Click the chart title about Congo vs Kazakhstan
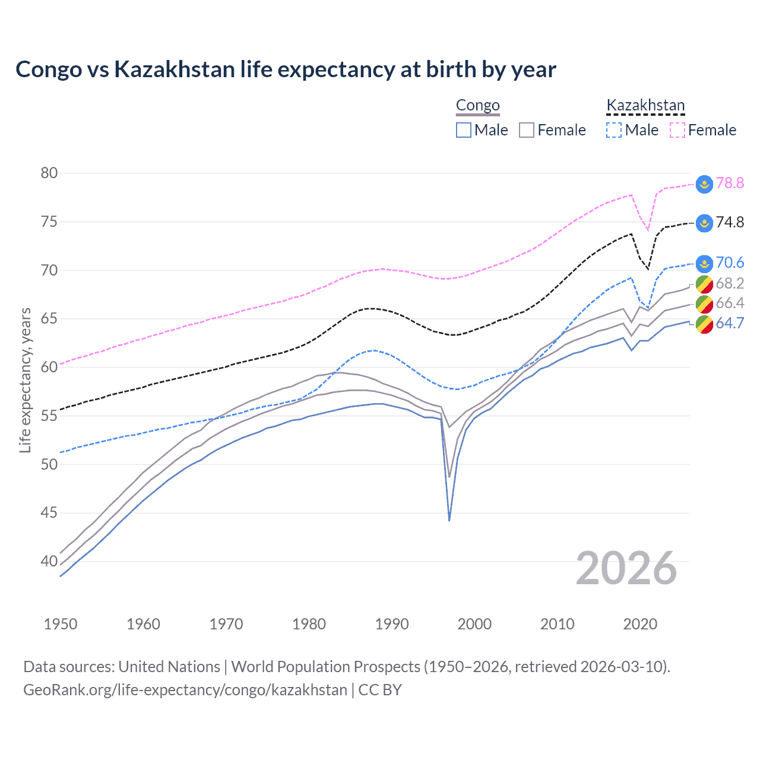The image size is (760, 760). coord(286,69)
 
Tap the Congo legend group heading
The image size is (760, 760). coord(477,106)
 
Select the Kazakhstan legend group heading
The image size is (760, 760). coord(645,106)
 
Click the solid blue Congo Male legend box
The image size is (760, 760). coord(464,130)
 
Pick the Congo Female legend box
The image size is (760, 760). coord(527,130)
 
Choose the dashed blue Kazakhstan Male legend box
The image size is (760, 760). coord(614,130)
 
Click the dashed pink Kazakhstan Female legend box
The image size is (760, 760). coord(677,130)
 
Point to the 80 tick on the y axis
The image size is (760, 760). coord(49,173)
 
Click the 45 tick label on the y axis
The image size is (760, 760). coord(49,512)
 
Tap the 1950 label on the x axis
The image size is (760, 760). coord(61,624)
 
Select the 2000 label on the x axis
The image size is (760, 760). coord(474,624)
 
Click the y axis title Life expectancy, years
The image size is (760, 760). coord(25,380)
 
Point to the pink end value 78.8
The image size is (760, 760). coord(730,183)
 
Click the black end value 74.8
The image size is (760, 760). coord(730,223)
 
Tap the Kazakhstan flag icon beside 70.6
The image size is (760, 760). coord(704,263)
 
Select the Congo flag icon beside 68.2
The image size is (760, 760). coord(704,284)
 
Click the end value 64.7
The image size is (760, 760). coord(730,324)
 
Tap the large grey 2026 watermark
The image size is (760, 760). coord(626,568)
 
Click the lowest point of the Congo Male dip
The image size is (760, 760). coord(449,520)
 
